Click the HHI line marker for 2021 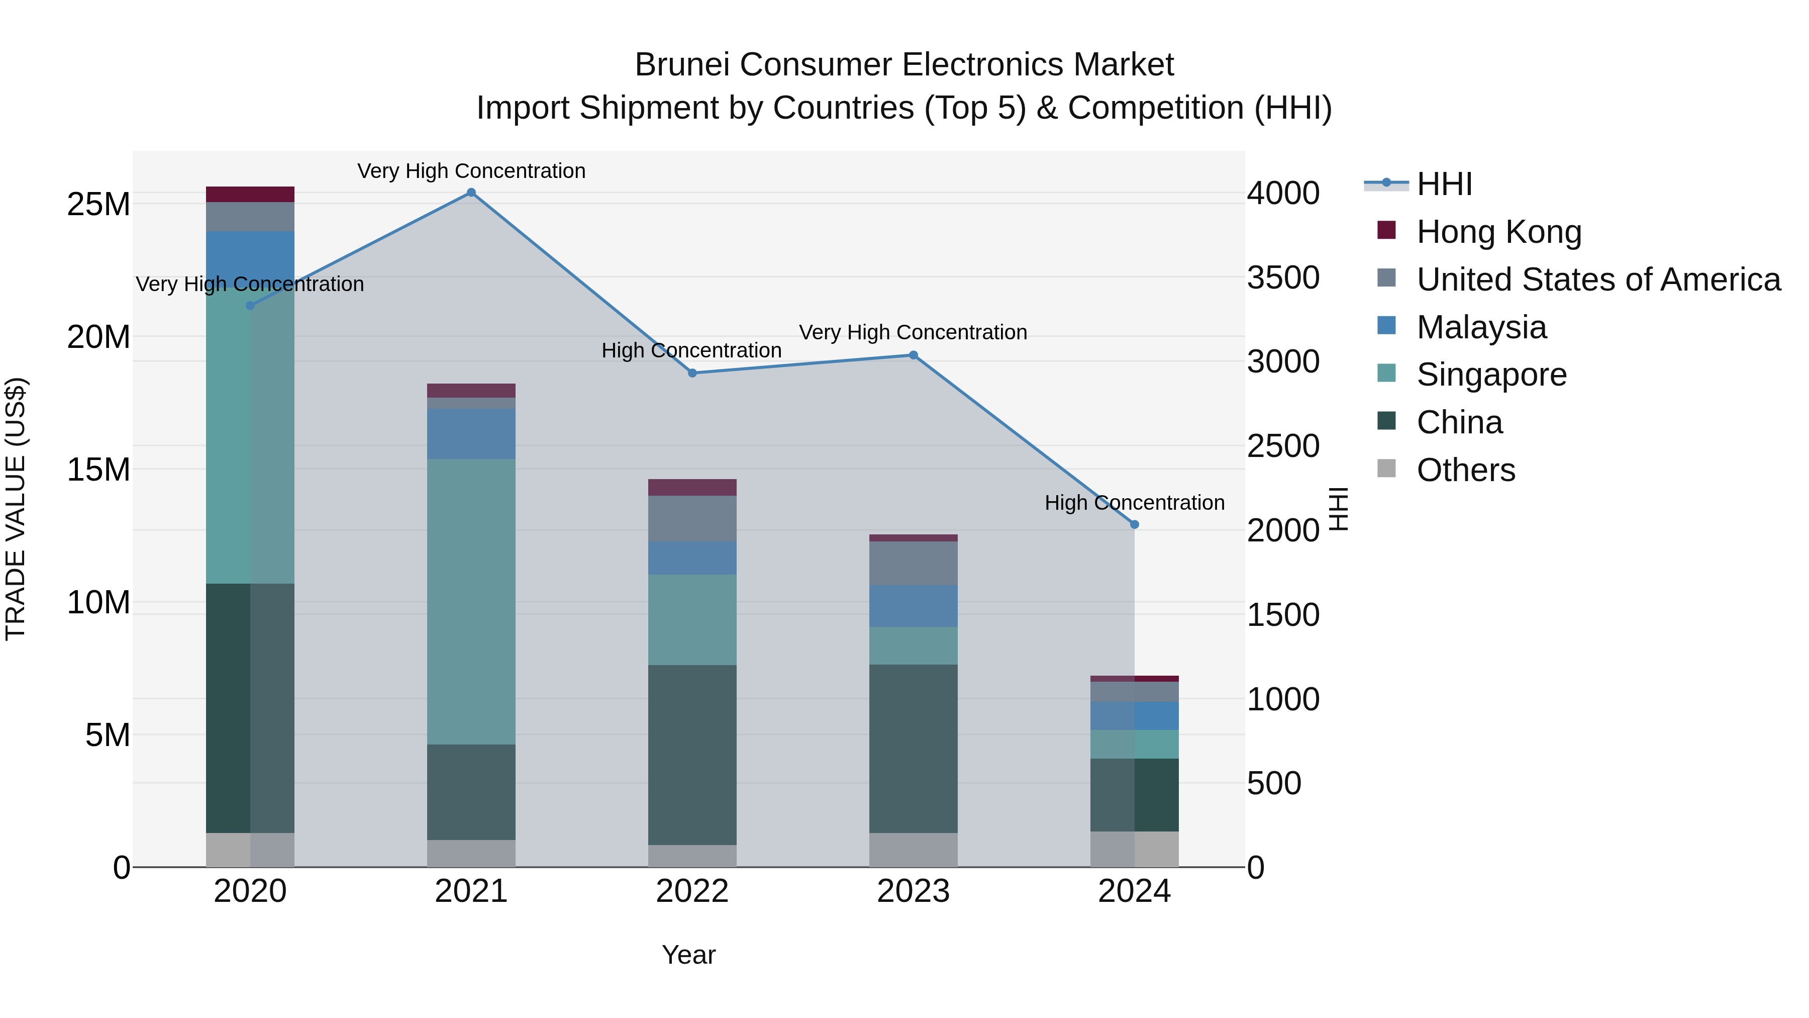471,193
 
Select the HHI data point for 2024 1134,525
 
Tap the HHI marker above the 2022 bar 692,373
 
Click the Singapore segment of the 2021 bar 471,601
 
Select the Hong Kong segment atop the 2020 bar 250,195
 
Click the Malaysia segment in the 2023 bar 913,606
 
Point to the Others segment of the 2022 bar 692,856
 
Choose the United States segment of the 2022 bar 692,518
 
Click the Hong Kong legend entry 1498,232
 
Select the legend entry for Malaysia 1481,327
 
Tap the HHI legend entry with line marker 1444,184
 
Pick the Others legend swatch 1386,468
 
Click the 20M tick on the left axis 98,337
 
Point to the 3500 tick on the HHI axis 1283,277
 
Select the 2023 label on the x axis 913,891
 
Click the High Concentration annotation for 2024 1134,503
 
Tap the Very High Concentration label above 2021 471,171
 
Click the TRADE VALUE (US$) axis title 16,509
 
